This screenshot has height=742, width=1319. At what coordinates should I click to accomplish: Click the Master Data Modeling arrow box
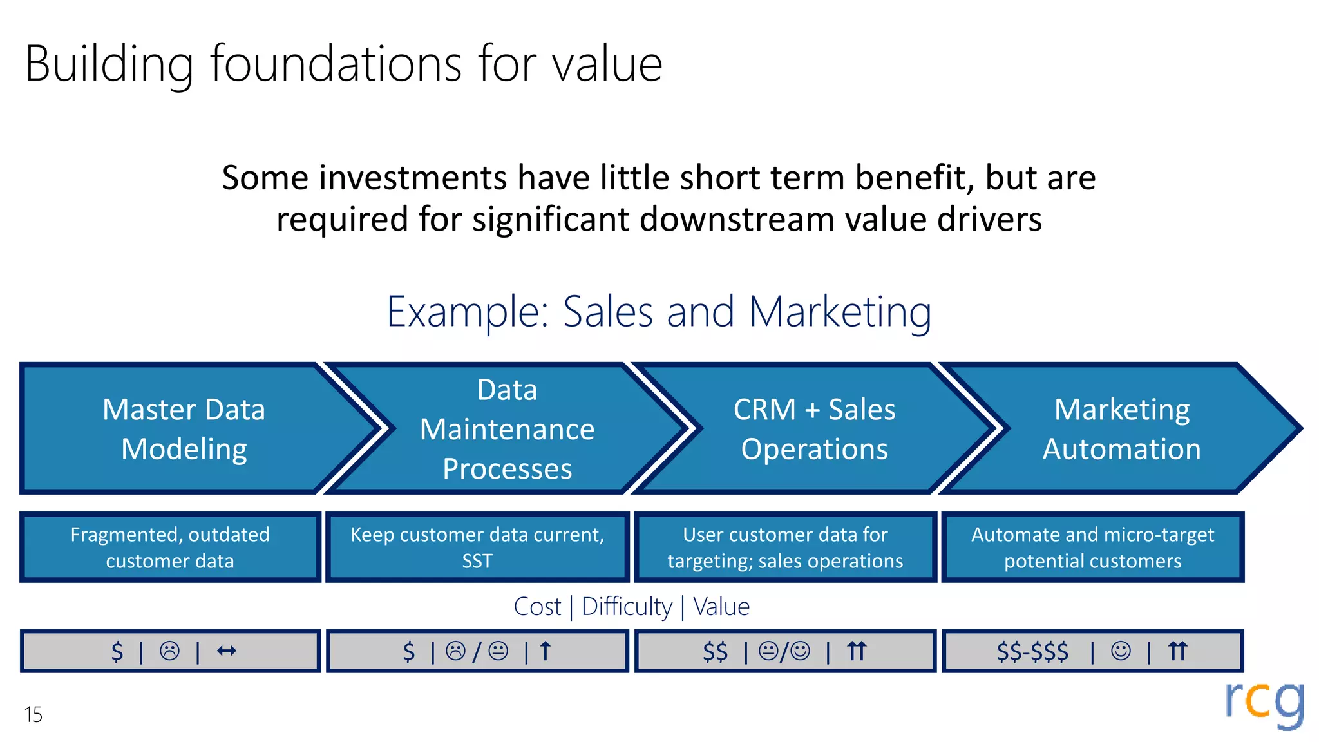click(184, 429)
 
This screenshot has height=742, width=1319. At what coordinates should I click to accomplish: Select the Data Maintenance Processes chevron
click(507, 429)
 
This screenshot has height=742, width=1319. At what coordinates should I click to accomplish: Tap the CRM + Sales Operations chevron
click(814, 429)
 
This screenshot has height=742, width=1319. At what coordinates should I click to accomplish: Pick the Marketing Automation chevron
click(1121, 429)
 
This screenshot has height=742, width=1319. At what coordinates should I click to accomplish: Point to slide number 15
click(33, 714)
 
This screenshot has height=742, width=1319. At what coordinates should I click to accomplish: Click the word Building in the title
click(108, 64)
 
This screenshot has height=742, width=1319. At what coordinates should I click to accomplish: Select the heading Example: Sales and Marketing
click(658, 312)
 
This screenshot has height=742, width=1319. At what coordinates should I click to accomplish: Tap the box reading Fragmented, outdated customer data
click(170, 547)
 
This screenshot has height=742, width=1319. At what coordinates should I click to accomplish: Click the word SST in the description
click(477, 561)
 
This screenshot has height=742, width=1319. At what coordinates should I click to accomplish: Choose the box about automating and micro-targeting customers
click(1092, 547)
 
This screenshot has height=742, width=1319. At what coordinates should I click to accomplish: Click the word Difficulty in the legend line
click(627, 607)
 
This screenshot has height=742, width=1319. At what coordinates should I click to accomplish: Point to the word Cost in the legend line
click(537, 607)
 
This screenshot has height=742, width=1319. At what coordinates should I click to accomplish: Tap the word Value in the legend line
click(721, 607)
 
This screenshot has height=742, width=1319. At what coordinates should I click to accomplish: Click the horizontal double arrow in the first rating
click(226, 651)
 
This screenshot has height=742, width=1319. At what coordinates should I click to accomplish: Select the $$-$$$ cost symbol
click(1032, 651)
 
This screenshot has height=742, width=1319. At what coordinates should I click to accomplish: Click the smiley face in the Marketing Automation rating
click(1121, 651)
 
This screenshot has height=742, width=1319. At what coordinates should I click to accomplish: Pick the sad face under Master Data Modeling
click(170, 651)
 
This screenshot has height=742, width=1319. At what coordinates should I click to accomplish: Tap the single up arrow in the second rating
click(546, 651)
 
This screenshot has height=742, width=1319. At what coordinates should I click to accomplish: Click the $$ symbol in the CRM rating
click(715, 651)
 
